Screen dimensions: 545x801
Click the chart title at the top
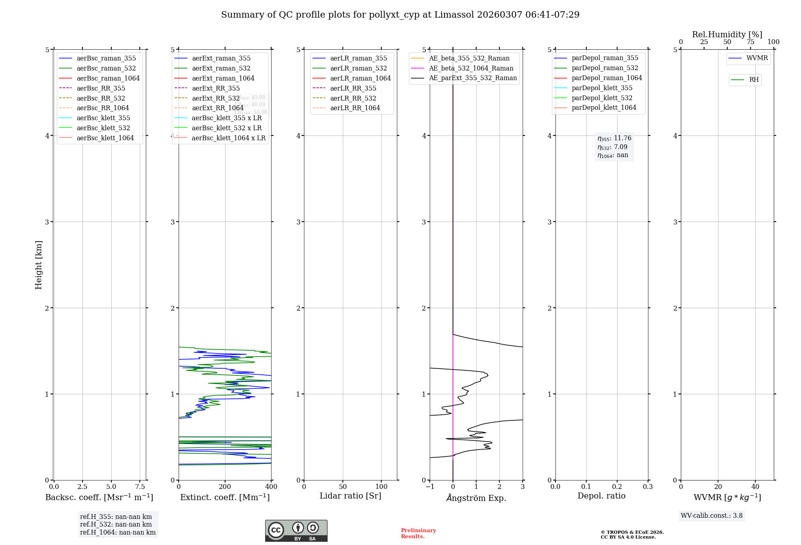[400, 15]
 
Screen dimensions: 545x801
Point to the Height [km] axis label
[38, 265]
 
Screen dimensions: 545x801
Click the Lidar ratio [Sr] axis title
[350, 496]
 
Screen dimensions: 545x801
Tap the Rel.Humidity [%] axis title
[727, 34]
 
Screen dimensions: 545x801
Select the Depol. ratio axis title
[601, 496]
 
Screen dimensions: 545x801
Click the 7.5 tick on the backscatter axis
[140, 487]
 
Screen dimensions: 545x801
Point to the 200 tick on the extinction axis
[225, 487]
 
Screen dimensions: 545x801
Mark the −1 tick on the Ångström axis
[430, 487]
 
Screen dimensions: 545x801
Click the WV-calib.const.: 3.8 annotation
[712, 516]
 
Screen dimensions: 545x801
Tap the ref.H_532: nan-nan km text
[116, 525]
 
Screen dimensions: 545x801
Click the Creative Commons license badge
[296, 531]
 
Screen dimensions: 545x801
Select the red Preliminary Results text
[418, 533]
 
